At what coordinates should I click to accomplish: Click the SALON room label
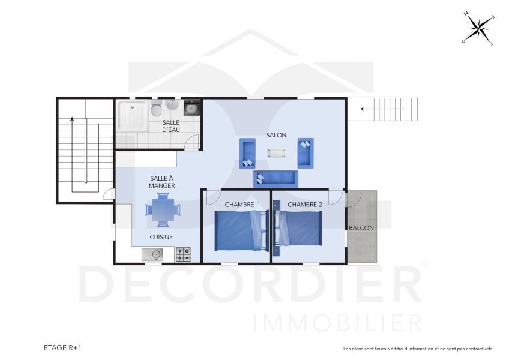point(277,135)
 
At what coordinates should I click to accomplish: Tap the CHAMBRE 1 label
point(242,205)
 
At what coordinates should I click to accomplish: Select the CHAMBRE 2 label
point(305,205)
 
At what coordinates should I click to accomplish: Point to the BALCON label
point(362,228)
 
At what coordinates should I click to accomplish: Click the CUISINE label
point(161,237)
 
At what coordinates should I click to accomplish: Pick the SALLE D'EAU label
point(171,126)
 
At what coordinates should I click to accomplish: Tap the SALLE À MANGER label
point(162,182)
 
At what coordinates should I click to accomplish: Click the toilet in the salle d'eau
point(156,110)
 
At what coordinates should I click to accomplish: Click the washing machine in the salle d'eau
point(191,108)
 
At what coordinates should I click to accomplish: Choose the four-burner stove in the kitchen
point(183,255)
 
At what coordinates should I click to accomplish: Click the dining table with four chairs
point(162,211)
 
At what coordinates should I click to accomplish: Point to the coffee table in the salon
point(277,152)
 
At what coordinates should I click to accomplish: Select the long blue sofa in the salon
point(276,178)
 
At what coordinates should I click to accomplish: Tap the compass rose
point(478,28)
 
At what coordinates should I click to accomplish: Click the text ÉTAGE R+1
point(62,347)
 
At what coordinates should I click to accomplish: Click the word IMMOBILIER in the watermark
point(337,322)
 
